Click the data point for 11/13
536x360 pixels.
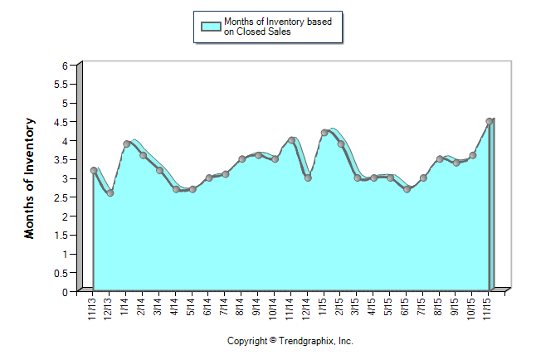94,170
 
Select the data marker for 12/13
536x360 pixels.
110,193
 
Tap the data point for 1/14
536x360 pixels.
127,144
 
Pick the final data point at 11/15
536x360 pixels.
490,121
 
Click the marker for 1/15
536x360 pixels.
324,133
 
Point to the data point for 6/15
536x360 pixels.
407,189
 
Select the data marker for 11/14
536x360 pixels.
291,140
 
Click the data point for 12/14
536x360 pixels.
308,178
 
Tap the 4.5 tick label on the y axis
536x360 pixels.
60,122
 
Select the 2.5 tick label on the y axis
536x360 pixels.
60,197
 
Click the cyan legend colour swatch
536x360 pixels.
212,26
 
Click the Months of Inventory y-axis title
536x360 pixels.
30,178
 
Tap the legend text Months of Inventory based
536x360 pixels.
282,21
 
